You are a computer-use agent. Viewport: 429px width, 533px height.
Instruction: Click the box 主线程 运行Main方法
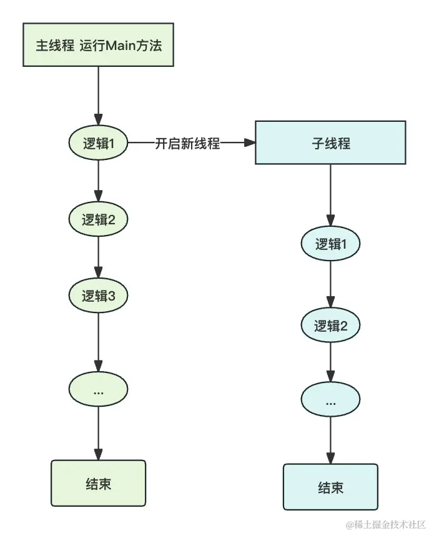click(x=98, y=45)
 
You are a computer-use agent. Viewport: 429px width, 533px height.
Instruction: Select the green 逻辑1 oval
click(x=98, y=143)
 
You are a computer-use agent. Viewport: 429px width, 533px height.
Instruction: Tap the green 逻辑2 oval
click(x=98, y=219)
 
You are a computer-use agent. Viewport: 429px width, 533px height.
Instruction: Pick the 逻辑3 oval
click(x=98, y=295)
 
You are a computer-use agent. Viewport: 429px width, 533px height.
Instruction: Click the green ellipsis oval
click(x=98, y=391)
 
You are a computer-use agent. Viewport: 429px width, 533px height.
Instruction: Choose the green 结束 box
click(x=98, y=484)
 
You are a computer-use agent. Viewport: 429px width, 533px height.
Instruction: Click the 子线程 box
click(x=330, y=143)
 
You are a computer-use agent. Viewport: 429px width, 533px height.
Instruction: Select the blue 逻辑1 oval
click(x=330, y=244)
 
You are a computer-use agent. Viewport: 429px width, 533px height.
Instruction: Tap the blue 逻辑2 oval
click(x=330, y=325)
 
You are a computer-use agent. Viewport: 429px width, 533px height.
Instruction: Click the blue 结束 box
click(x=330, y=487)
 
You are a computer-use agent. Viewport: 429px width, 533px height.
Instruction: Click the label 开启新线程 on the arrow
click(x=187, y=143)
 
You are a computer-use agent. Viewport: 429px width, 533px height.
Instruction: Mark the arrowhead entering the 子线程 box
click(x=251, y=143)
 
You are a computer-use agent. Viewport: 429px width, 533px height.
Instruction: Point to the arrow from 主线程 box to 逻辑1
click(x=98, y=94)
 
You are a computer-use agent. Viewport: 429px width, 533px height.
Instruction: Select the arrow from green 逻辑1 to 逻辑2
click(x=98, y=181)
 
